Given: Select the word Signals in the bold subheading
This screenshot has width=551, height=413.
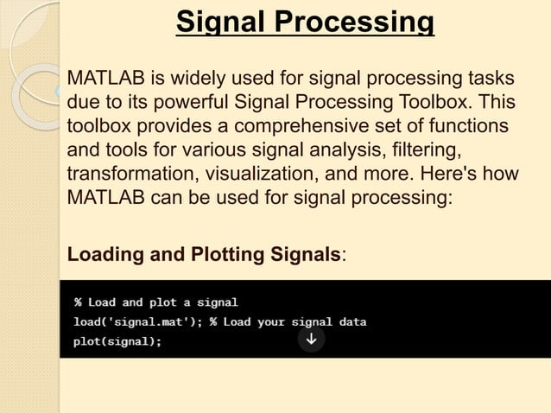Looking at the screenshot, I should (x=307, y=256).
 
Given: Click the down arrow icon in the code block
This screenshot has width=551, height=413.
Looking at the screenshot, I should (x=311, y=340).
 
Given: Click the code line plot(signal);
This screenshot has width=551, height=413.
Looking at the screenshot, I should (x=117, y=341).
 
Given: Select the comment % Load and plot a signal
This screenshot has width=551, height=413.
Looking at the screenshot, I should (x=155, y=302).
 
